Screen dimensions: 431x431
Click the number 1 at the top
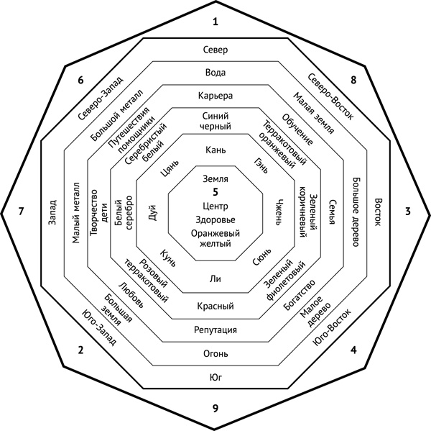(x=215, y=22)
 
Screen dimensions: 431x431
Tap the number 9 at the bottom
(x=215, y=409)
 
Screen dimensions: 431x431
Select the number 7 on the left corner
(x=22, y=212)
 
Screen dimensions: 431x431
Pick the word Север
(x=215, y=50)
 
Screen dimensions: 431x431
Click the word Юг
(x=215, y=378)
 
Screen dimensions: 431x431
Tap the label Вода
(x=215, y=73)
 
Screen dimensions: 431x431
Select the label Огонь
(x=215, y=354)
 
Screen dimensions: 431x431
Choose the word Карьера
(x=215, y=96)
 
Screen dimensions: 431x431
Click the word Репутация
(x=215, y=330)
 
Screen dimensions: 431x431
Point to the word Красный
(x=215, y=307)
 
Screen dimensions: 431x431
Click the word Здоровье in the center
(x=215, y=220)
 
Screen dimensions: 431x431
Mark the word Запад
(x=52, y=213)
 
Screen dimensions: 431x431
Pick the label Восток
(x=379, y=214)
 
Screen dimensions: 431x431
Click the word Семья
(x=332, y=214)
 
